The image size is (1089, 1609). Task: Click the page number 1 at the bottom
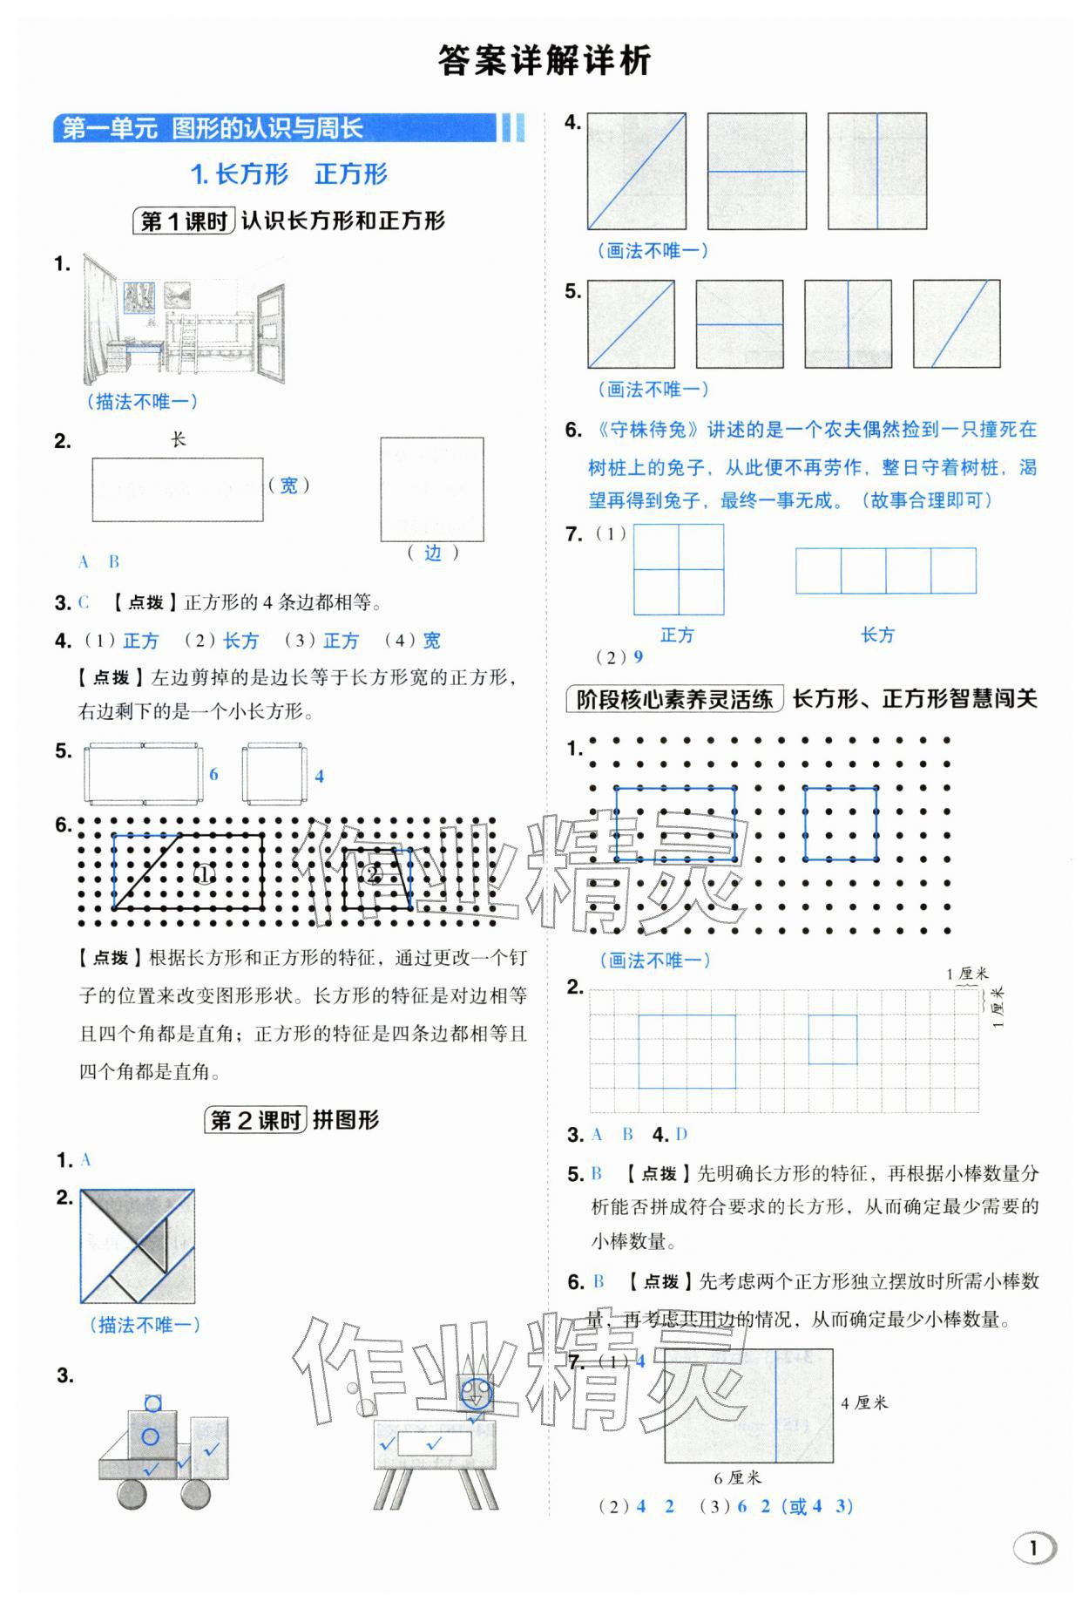(1033, 1548)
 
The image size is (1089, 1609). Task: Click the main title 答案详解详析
(544, 61)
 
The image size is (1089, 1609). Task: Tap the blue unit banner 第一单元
(109, 129)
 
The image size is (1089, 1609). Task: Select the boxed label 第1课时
(183, 221)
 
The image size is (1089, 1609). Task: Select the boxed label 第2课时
(256, 1121)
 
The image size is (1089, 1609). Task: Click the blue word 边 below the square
(432, 553)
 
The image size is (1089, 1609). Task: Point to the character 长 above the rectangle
(178, 439)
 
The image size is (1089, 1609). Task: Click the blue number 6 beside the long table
(213, 774)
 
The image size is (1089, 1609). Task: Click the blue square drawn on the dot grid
(840, 824)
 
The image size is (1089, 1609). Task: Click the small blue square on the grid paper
(832, 1040)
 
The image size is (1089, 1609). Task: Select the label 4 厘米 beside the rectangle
(864, 1402)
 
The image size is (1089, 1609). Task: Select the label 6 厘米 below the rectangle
(737, 1477)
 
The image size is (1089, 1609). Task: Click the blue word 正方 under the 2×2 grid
(677, 635)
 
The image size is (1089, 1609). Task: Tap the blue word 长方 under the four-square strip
(877, 635)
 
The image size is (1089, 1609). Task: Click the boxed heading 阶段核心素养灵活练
(674, 699)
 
